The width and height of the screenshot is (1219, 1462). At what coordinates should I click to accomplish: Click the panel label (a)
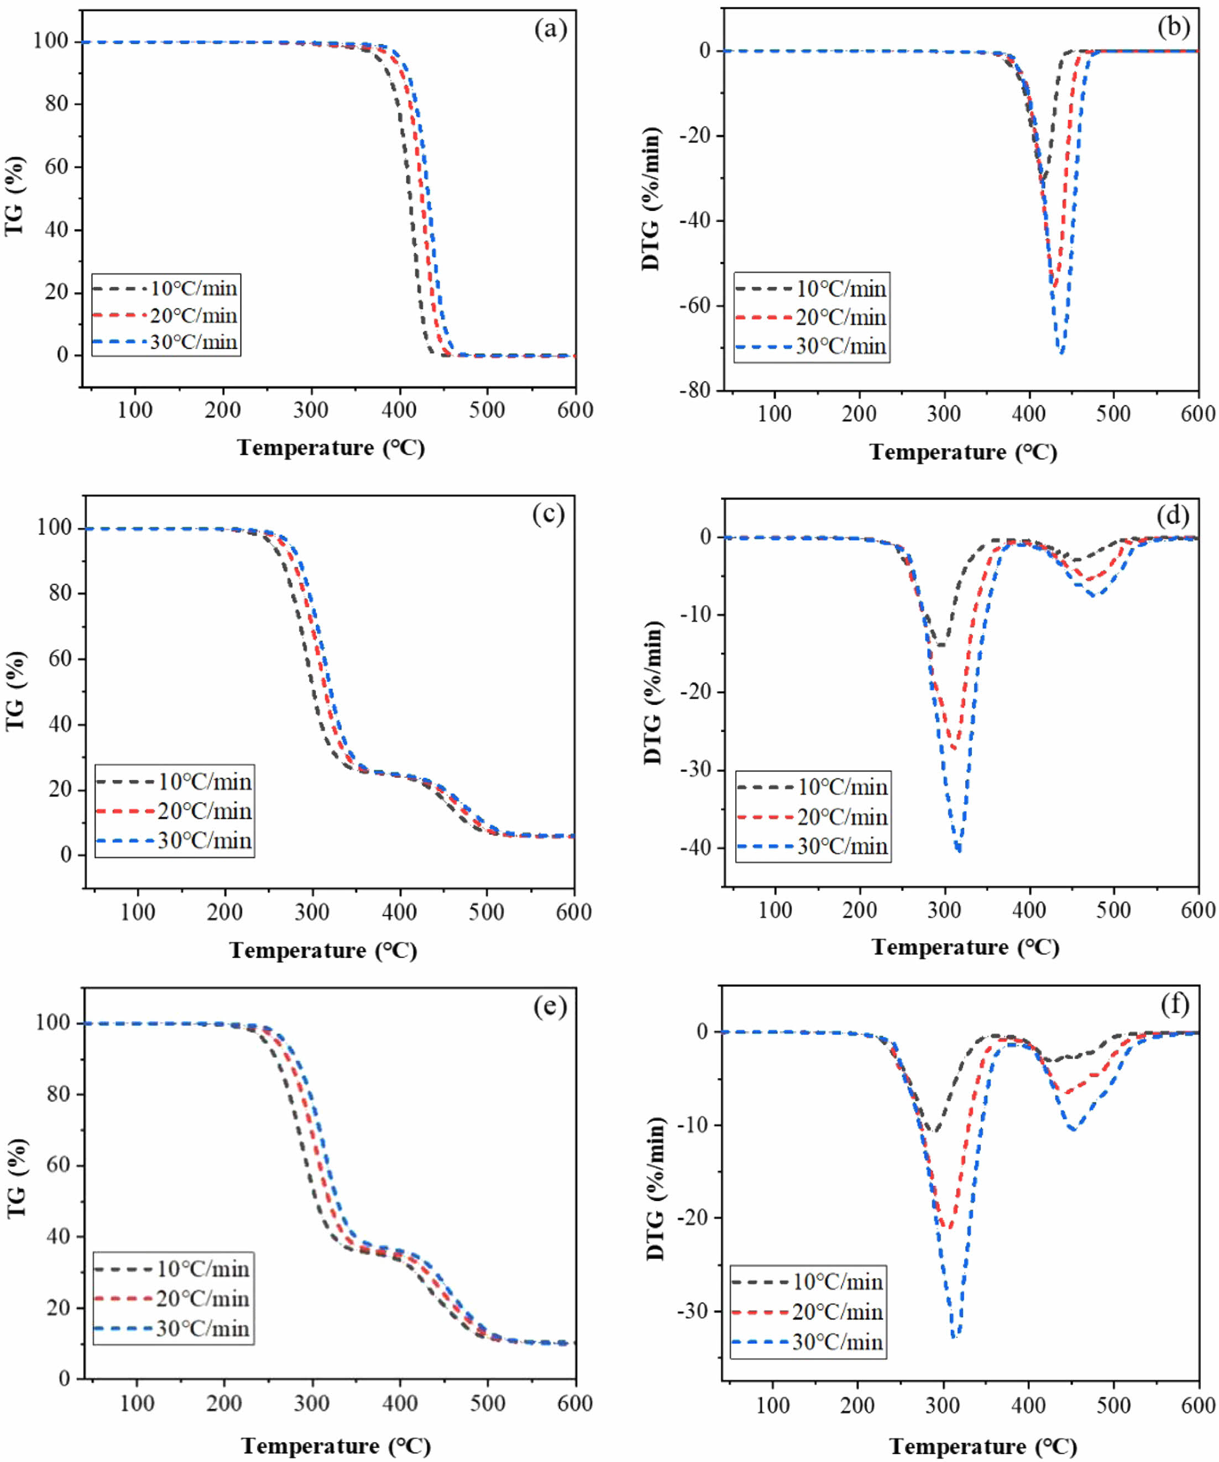[550, 29]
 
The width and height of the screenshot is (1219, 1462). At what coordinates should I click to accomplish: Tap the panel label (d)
[1173, 516]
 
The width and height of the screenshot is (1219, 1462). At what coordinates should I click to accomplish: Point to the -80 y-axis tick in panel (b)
[697, 391]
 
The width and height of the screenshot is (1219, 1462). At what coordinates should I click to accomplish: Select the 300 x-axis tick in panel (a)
[311, 410]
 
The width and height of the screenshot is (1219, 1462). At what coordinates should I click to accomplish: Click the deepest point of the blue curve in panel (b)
[1060, 353]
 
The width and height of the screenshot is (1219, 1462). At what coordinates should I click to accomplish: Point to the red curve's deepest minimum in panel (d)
[954, 748]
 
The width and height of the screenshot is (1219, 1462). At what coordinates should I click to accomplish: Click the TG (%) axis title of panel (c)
[15, 691]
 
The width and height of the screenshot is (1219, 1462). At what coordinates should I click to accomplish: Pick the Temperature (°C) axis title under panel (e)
[336, 1446]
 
